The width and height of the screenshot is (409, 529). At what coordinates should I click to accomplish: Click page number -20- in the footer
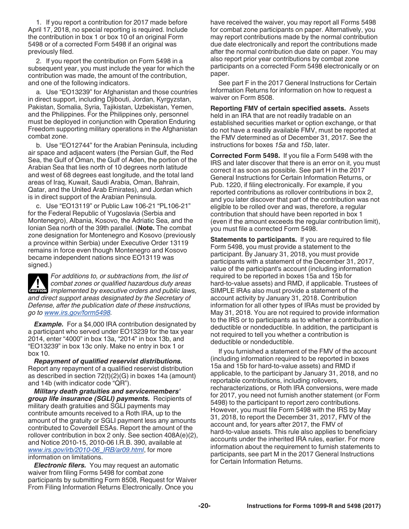click(x=204, y=506)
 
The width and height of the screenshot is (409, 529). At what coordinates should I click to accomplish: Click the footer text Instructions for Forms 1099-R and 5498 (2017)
click(x=313, y=506)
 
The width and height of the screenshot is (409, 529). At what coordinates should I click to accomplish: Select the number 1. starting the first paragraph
click(x=38, y=22)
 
